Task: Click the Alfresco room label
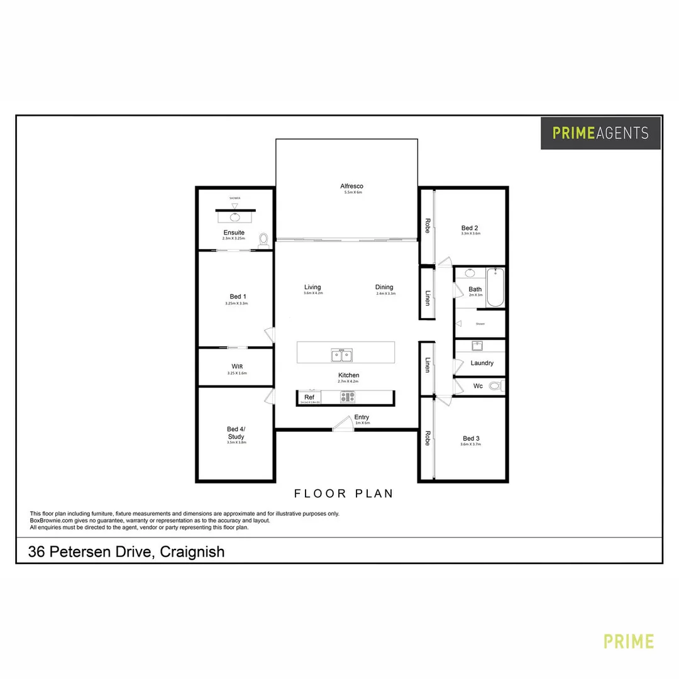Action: pos(351,186)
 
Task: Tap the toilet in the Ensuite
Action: pos(263,240)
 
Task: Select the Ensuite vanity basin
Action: pos(235,218)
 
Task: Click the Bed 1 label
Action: pos(238,297)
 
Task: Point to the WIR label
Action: pos(237,366)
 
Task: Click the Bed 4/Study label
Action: pos(236,433)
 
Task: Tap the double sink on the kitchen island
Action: pos(342,356)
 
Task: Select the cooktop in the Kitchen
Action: pos(347,397)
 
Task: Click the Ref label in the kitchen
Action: pos(309,397)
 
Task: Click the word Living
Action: pos(312,287)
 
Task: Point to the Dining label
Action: pos(384,287)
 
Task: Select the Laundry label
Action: pos(482,363)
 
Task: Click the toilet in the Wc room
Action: pos(496,386)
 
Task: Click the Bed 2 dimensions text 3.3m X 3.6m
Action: pos(470,234)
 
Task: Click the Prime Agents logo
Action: pos(600,133)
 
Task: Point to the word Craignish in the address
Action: pos(192,552)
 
